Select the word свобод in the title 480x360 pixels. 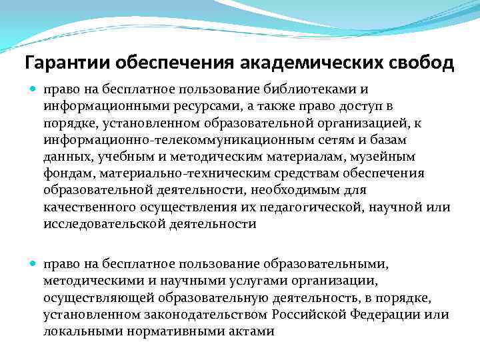click(421, 63)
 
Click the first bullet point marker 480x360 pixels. click(35, 89)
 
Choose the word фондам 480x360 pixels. click(67, 173)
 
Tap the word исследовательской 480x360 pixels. click(107, 224)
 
